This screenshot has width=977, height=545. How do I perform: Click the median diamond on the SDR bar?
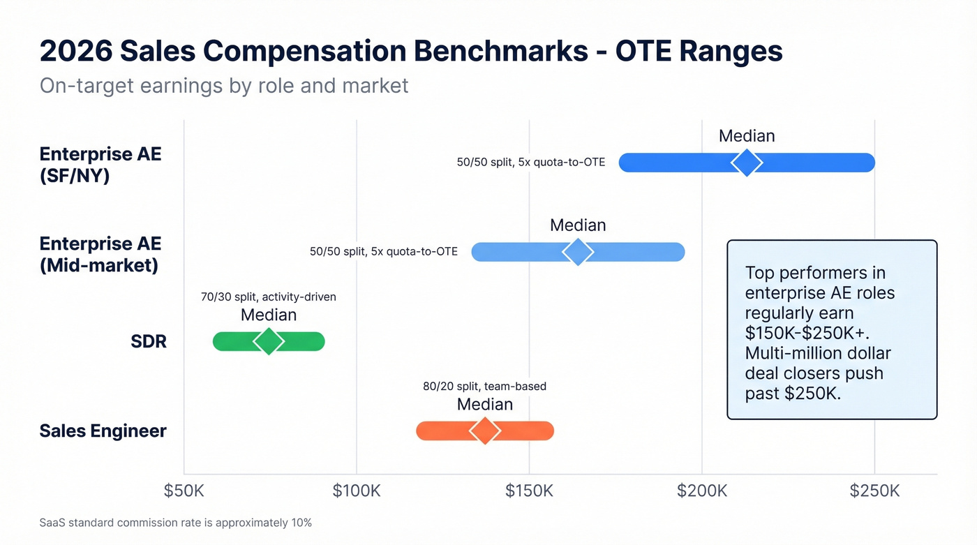[x=269, y=341]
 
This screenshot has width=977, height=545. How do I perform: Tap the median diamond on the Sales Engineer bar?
[x=485, y=431]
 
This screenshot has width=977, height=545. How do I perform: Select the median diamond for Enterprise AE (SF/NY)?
[x=747, y=163]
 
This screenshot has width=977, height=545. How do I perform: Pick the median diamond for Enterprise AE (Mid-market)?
[x=578, y=252]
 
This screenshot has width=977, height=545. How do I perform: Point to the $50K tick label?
[x=184, y=491]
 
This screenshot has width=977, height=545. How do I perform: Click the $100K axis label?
[x=357, y=491]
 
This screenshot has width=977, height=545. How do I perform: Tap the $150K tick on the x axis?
[x=529, y=491]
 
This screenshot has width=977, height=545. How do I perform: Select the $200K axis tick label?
[x=701, y=491]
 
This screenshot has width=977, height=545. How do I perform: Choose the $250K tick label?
[x=874, y=491]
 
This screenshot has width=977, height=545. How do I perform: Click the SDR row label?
[x=149, y=342]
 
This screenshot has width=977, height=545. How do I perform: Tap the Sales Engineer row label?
[x=103, y=431]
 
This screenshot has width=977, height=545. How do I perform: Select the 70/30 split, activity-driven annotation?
[x=269, y=297]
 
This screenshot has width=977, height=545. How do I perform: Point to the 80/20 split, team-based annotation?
[x=485, y=386]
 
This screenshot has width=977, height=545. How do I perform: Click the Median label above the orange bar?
[x=485, y=404]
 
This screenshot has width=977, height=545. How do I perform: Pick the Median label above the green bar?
[x=269, y=315]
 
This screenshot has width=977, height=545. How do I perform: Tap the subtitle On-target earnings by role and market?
[x=223, y=86]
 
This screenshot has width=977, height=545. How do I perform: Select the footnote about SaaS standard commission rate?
[x=176, y=522]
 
